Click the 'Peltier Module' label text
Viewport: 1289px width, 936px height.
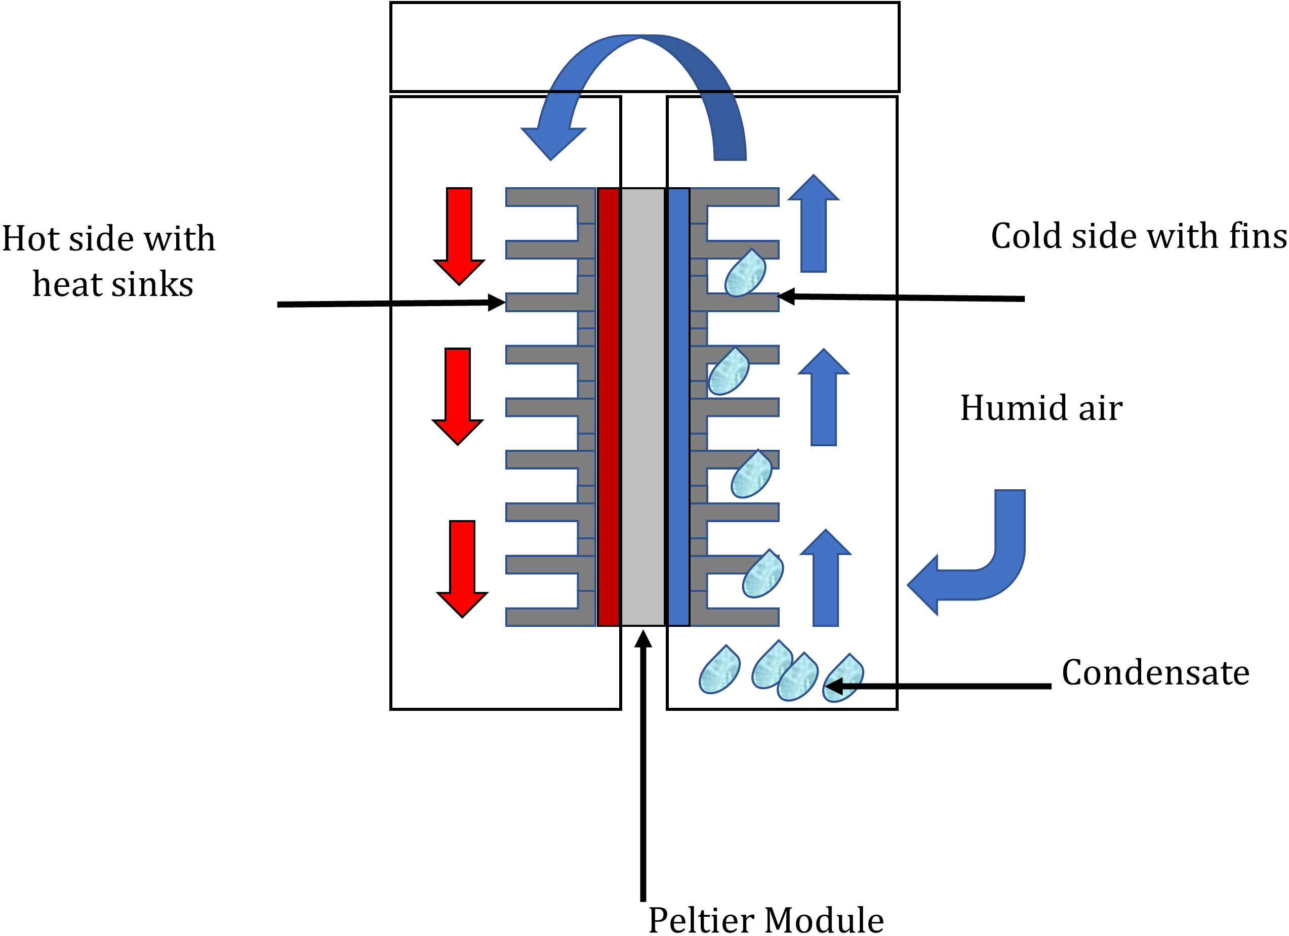click(x=766, y=918)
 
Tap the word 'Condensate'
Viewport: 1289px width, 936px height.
click(x=1155, y=673)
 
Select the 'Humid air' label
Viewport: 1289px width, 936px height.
click(x=1041, y=408)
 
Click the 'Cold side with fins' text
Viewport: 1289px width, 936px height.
click(x=1139, y=236)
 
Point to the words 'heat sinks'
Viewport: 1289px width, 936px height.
click(x=112, y=284)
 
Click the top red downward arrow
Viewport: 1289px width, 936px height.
click(x=459, y=233)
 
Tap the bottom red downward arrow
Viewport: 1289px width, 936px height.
click(x=462, y=566)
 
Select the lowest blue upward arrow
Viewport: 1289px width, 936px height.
click(x=825, y=579)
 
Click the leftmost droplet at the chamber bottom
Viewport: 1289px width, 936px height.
click(x=719, y=670)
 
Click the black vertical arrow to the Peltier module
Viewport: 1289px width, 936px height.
click(x=643, y=767)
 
